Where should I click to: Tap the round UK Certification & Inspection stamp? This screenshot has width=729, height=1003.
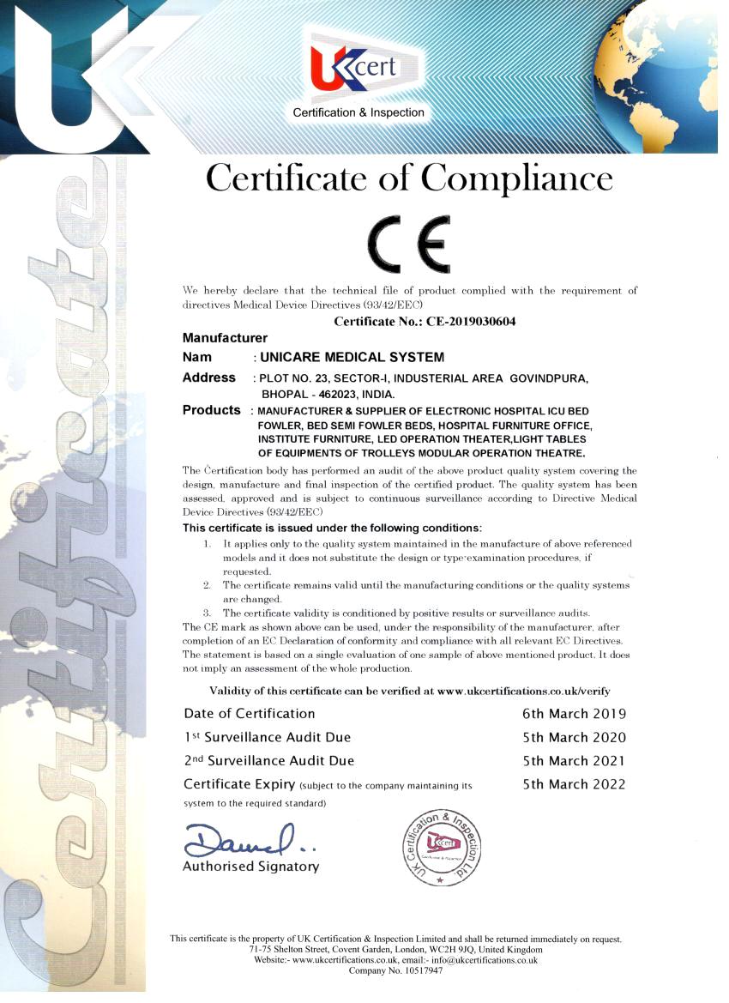pyautogui.click(x=442, y=846)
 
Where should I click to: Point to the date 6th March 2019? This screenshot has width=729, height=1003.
pyautogui.click(x=574, y=714)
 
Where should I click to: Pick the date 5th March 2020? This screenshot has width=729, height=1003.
pyautogui.click(x=574, y=737)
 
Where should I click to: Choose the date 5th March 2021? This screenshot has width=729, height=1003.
pyautogui.click(x=574, y=760)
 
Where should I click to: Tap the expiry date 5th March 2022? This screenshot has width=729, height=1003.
pyautogui.click(x=574, y=783)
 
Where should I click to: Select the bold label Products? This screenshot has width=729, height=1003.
pyautogui.click(x=212, y=410)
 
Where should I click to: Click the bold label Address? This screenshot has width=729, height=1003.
pyautogui.click(x=208, y=378)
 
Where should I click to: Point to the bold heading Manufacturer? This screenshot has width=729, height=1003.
pyautogui.click(x=225, y=338)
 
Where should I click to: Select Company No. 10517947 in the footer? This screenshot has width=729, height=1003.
pyautogui.click(x=395, y=971)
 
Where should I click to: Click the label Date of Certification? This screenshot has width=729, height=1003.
pyautogui.click(x=250, y=714)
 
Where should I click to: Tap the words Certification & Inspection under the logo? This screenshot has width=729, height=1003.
pyautogui.click(x=358, y=112)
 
